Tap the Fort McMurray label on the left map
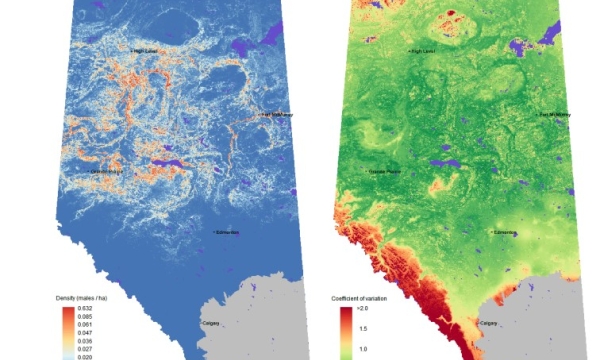277,115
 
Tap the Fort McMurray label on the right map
556,115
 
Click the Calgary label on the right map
489,322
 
